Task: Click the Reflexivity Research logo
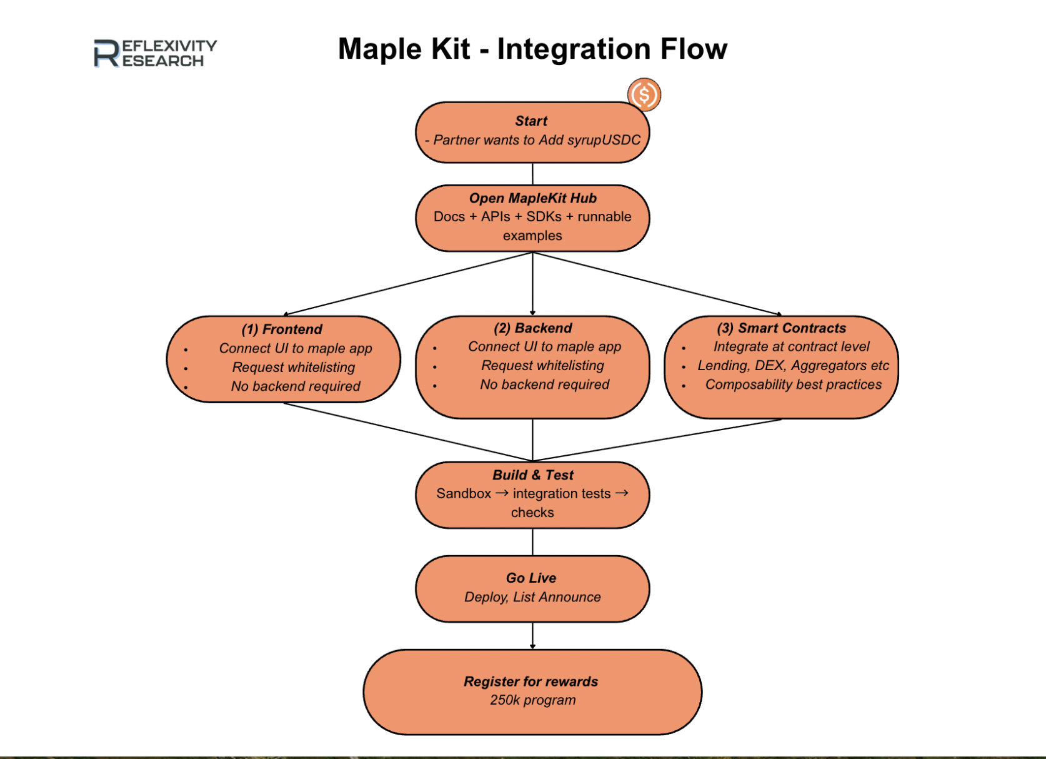click(x=155, y=53)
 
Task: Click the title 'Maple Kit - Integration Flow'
click(x=532, y=49)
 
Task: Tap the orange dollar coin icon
click(x=644, y=95)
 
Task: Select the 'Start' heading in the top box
click(x=531, y=121)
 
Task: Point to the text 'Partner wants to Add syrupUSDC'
click(x=537, y=140)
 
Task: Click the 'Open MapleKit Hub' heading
click(x=532, y=198)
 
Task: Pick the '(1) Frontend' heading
click(x=282, y=329)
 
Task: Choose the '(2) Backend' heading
click(x=532, y=328)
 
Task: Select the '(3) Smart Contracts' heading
click(x=781, y=328)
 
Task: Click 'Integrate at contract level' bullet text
click(x=791, y=347)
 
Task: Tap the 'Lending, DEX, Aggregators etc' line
click(x=793, y=366)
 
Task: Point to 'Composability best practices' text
click(x=794, y=385)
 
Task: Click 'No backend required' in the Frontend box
click(x=296, y=386)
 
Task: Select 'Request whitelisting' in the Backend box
click(x=542, y=366)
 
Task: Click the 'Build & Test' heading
click(x=532, y=475)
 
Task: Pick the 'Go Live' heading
click(x=531, y=578)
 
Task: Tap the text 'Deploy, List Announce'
click(x=532, y=597)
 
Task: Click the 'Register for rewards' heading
click(x=530, y=681)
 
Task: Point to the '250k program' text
click(x=532, y=700)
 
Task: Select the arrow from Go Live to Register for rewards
click(x=532, y=636)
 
